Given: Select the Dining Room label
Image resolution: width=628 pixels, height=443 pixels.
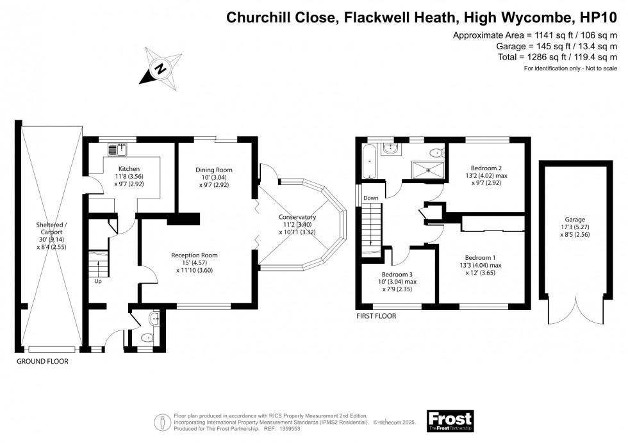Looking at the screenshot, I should click(x=213, y=170).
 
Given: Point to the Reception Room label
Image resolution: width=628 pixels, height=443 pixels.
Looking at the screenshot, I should click(x=194, y=255).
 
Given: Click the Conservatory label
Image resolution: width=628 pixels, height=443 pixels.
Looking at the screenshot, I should click(x=297, y=216).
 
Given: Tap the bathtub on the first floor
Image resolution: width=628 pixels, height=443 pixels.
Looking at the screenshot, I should click(x=369, y=163).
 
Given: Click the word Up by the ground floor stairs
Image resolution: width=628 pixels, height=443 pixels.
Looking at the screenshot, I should click(x=98, y=281).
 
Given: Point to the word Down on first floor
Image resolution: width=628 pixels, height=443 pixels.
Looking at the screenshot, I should click(x=371, y=198).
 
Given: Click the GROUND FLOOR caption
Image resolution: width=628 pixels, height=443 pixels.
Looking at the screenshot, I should click(x=42, y=361).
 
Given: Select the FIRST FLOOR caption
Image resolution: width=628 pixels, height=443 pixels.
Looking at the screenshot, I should click(x=377, y=316).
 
